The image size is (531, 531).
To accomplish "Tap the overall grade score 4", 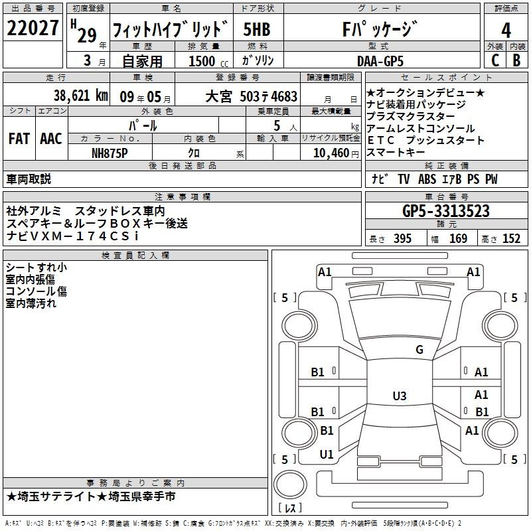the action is tap(506, 31).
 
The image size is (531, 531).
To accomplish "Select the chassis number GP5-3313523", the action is tap(446, 212).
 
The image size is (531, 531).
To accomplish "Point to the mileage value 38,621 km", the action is tap(80, 95).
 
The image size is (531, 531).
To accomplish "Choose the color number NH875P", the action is tap(109, 152).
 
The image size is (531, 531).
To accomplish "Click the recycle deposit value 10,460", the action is tap(330, 153).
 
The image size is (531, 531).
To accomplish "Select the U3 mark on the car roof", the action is tap(399, 396).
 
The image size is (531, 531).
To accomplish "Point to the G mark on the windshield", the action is tap(419, 350).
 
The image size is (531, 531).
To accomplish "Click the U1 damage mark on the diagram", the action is tap(327, 455).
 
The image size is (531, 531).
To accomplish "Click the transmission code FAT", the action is tap(19, 138).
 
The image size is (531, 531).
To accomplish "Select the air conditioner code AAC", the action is tap(50, 138).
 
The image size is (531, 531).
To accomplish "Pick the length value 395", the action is tap(402, 239).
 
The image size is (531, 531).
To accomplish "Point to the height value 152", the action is tap(511, 239).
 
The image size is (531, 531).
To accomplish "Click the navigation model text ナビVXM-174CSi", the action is tap(72, 236).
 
